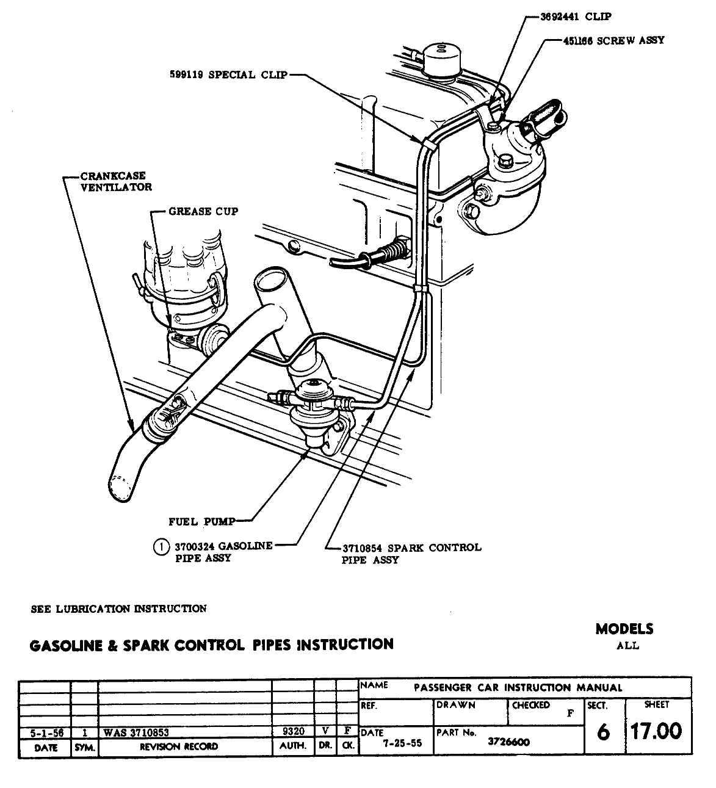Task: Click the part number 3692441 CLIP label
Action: pyautogui.click(x=576, y=16)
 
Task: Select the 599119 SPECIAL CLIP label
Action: pyautogui.click(x=228, y=76)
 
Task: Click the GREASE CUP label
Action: pyautogui.click(x=203, y=212)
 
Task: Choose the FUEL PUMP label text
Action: pyautogui.click(x=201, y=521)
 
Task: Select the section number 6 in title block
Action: pyautogui.click(x=603, y=731)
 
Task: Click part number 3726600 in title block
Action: pyautogui.click(x=508, y=742)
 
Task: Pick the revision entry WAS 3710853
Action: pyautogui.click(x=136, y=732)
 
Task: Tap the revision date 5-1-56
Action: pyautogui.click(x=45, y=732)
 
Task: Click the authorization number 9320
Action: pyautogui.click(x=292, y=731)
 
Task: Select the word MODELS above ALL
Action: pyautogui.click(x=624, y=629)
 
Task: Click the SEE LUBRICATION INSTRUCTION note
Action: pyautogui.click(x=118, y=609)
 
